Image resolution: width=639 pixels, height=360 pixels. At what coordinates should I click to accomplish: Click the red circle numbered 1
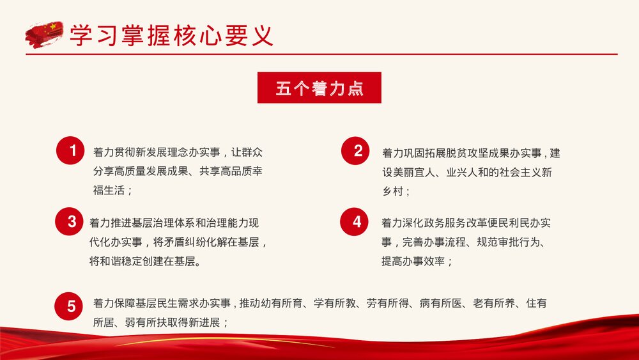point(73,152)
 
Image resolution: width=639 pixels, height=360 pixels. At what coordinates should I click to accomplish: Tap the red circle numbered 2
point(358,152)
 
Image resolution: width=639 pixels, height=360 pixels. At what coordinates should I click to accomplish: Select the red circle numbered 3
point(72,222)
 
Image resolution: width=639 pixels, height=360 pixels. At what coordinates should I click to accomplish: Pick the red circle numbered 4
point(357,222)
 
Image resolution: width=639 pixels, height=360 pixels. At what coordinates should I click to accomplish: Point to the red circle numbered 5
point(72,306)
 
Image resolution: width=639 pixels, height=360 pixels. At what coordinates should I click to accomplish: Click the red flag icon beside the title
point(44,34)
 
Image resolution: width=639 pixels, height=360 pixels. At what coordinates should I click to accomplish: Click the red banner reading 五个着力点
point(319,88)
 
